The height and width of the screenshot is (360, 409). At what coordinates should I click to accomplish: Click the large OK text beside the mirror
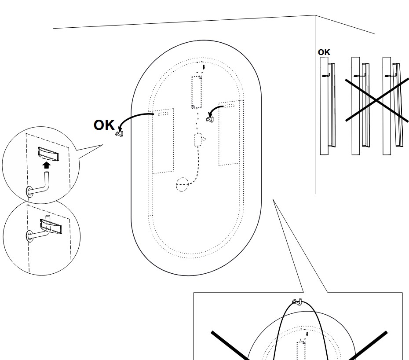pyautogui.click(x=104, y=125)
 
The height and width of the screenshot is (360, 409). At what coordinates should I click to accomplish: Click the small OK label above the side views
pyautogui.click(x=324, y=52)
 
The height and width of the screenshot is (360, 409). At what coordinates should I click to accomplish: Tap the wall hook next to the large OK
pyautogui.click(x=119, y=133)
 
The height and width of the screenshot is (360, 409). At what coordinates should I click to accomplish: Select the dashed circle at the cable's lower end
pyautogui.click(x=182, y=185)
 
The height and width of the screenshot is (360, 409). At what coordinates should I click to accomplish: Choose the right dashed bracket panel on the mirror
pyautogui.click(x=231, y=133)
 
